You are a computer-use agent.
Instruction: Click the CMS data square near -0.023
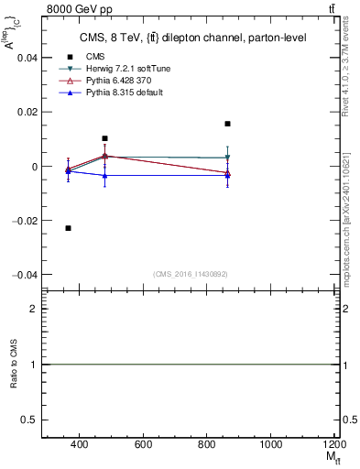tap(69, 228)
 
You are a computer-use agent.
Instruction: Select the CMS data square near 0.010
tap(105, 138)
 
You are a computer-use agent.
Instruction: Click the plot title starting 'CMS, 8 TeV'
tap(192, 38)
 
